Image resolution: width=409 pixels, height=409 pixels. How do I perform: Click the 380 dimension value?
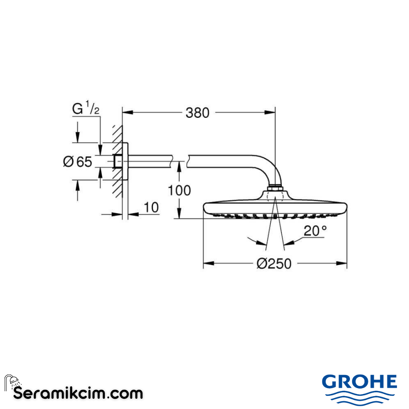[197, 112]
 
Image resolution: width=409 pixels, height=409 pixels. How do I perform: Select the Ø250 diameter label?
[274, 264]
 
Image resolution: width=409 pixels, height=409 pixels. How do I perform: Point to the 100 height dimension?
[179, 190]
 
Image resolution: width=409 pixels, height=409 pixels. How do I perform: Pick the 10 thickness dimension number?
[151, 208]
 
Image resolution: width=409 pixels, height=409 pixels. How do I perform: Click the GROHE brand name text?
[359, 381]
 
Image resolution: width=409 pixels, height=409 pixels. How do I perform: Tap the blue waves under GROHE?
[359, 397]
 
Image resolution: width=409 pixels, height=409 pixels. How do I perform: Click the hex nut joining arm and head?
[275, 188]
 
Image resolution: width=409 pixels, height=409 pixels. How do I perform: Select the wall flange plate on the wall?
[125, 161]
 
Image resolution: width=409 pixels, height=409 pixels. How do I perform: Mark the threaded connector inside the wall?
[118, 161]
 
